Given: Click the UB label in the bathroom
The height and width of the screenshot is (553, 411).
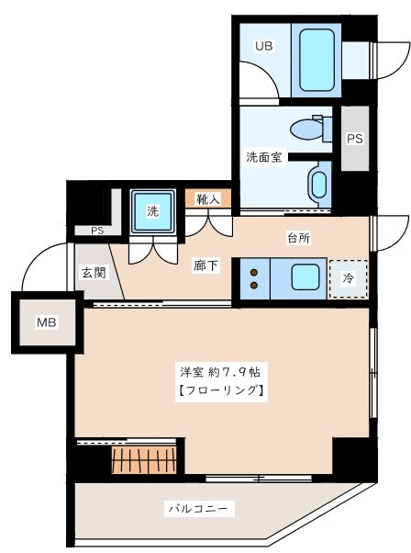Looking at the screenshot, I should click(x=263, y=44).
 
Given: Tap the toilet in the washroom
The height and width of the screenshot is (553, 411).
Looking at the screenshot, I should click(x=307, y=130).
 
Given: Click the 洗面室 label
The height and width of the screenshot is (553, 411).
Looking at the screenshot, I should click(x=263, y=157).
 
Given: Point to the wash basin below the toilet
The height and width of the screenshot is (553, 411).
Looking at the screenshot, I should click(x=317, y=184).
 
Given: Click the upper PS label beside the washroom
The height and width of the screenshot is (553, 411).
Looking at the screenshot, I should click(x=354, y=140).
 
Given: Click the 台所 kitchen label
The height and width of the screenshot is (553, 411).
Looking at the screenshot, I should click(x=298, y=238).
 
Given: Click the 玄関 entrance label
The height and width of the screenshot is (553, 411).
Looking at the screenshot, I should click(x=94, y=272).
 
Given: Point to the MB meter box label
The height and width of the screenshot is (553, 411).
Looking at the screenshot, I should click(x=45, y=322).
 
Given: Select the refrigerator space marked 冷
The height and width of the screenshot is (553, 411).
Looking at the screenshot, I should click(x=349, y=278).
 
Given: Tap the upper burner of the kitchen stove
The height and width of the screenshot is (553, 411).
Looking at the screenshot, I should click(x=250, y=270).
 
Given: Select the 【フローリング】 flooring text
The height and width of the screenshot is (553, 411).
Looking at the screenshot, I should click(x=220, y=392).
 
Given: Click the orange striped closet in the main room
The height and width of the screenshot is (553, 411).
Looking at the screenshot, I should click(x=143, y=458).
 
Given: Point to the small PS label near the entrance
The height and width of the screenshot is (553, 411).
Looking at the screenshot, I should click(x=96, y=231).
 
